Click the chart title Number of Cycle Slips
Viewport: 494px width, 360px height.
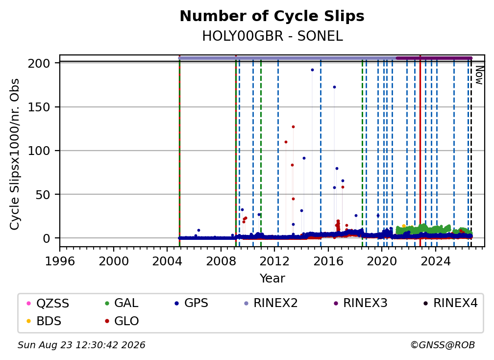click(x=272, y=16)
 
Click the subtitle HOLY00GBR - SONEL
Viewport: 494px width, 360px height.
click(x=272, y=36)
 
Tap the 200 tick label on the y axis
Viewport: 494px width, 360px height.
click(x=39, y=63)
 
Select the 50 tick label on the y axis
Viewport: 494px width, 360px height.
click(x=43, y=195)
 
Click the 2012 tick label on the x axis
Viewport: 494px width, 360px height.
click(x=274, y=261)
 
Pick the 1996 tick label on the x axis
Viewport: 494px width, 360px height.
click(x=60, y=261)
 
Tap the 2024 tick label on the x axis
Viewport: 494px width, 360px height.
click(x=435, y=261)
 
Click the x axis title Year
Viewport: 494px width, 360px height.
click(x=272, y=279)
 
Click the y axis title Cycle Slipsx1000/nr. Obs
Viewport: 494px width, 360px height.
click(x=15, y=154)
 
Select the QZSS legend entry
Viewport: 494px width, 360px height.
click(x=48, y=303)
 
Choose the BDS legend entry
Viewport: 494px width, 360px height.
click(x=44, y=321)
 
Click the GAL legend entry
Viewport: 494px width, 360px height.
click(x=122, y=303)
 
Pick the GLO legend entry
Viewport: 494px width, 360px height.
click(x=122, y=321)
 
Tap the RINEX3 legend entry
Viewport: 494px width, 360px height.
click(x=360, y=303)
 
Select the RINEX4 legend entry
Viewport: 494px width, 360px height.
click(x=450, y=303)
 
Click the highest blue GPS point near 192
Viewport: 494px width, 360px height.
click(x=312, y=70)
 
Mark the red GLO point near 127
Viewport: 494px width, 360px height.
click(x=293, y=127)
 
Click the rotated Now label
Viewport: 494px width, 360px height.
click(x=479, y=76)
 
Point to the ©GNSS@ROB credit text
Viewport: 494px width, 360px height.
click(x=443, y=345)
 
